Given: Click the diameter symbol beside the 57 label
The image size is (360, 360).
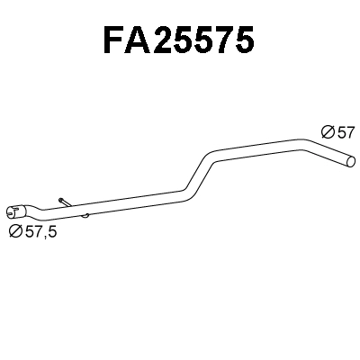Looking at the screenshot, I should pyautogui.click(x=327, y=131).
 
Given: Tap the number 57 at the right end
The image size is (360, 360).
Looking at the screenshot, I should pyautogui.click(x=345, y=131).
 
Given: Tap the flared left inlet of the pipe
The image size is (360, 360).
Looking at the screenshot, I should pyautogui.click(x=14, y=213).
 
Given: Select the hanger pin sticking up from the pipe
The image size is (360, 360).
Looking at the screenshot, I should pyautogui.click(x=61, y=201).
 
